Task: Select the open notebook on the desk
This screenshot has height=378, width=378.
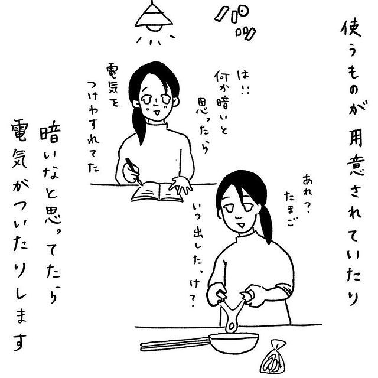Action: coord(157,191)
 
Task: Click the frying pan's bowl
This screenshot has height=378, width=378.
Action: coord(233,342)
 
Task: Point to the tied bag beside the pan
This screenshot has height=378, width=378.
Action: coord(273,359)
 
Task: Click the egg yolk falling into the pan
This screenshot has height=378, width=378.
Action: coord(232,327)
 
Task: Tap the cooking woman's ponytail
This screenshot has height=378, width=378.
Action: coord(266,223)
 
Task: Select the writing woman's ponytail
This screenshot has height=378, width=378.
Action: coord(139,125)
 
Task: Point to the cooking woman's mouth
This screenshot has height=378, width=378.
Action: coord(241,224)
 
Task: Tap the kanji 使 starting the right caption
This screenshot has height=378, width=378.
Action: coord(351,29)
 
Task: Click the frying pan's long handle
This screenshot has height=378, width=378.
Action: coord(175,344)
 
